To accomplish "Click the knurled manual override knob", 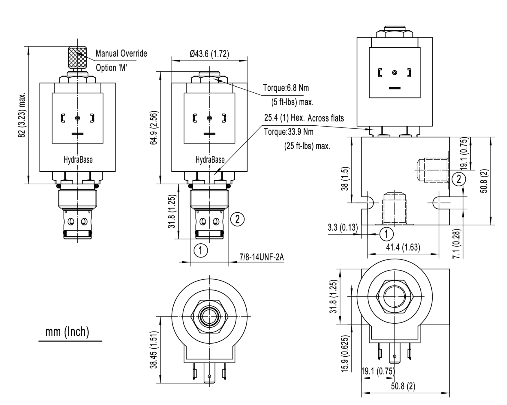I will pos(78,57).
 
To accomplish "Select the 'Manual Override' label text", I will pos(121,54).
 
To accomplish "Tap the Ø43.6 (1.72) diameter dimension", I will pos(209,54).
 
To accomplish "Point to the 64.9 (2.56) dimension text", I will pos(153,127).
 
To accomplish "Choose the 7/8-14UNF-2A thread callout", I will pos(262,257).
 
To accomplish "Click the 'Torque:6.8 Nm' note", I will pos(286,88).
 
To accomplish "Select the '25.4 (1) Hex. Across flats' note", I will pos(304,118).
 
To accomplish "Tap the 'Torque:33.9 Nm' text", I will pos(288,132).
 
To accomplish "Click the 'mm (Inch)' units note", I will pos(67,332).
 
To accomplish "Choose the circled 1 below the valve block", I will pos(386,234).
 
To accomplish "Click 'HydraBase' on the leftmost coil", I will pos(78,160).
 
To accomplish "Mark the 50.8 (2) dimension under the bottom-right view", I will pos(403,386).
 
